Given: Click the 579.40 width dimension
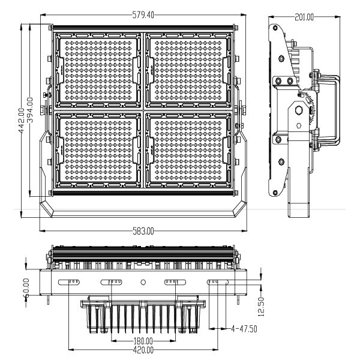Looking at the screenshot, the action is (x=143, y=15).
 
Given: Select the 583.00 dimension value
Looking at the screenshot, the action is (x=143, y=231).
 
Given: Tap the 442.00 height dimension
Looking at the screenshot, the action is (x=22, y=121).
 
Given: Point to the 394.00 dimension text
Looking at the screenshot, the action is (x=30, y=110).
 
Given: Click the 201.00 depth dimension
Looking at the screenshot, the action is (x=304, y=17).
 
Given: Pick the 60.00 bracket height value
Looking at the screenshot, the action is (x=26, y=288).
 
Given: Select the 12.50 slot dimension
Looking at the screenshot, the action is (x=261, y=307).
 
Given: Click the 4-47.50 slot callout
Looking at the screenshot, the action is (x=244, y=329).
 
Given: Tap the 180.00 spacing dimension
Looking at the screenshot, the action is (x=143, y=341).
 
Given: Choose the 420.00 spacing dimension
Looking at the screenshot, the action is (x=143, y=350).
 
